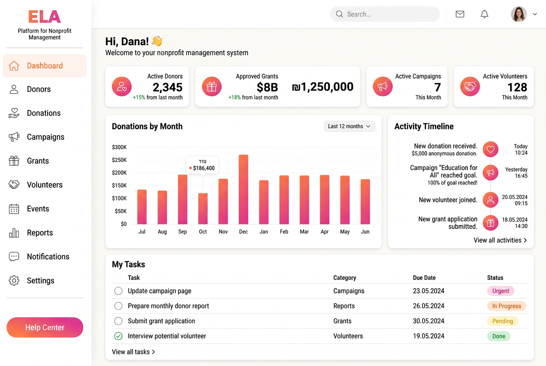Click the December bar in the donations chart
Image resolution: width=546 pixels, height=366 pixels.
coord(244,189)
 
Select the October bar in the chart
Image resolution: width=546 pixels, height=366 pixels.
coord(203,209)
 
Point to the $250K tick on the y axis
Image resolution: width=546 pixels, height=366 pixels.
coord(119,160)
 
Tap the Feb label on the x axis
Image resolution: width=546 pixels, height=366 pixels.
coord(284,232)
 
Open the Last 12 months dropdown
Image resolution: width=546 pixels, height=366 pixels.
coord(349,126)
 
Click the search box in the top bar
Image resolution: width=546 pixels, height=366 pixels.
coord(385,14)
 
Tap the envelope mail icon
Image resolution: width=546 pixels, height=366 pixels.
coord(460,14)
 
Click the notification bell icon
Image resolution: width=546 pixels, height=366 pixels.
coord(484,14)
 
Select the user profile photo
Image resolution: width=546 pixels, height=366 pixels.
coord(519,14)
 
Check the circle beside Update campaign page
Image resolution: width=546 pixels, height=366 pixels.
coord(118,291)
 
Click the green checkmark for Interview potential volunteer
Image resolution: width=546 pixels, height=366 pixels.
coord(118,336)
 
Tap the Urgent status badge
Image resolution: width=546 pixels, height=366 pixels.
coord(501,291)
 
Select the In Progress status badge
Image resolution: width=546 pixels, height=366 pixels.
coord(507,306)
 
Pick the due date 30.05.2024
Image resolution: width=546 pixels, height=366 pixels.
coord(429,321)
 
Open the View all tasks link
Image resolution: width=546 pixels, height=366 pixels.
coord(133,352)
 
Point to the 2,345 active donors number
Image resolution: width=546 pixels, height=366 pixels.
coord(168,87)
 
